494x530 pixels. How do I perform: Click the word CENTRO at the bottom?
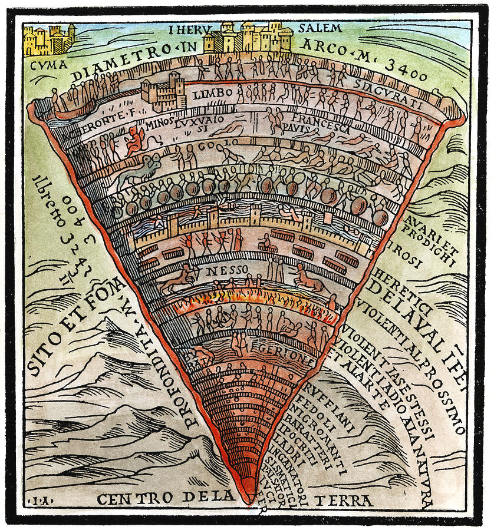point(130,499)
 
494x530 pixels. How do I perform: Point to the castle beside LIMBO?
point(163,92)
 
